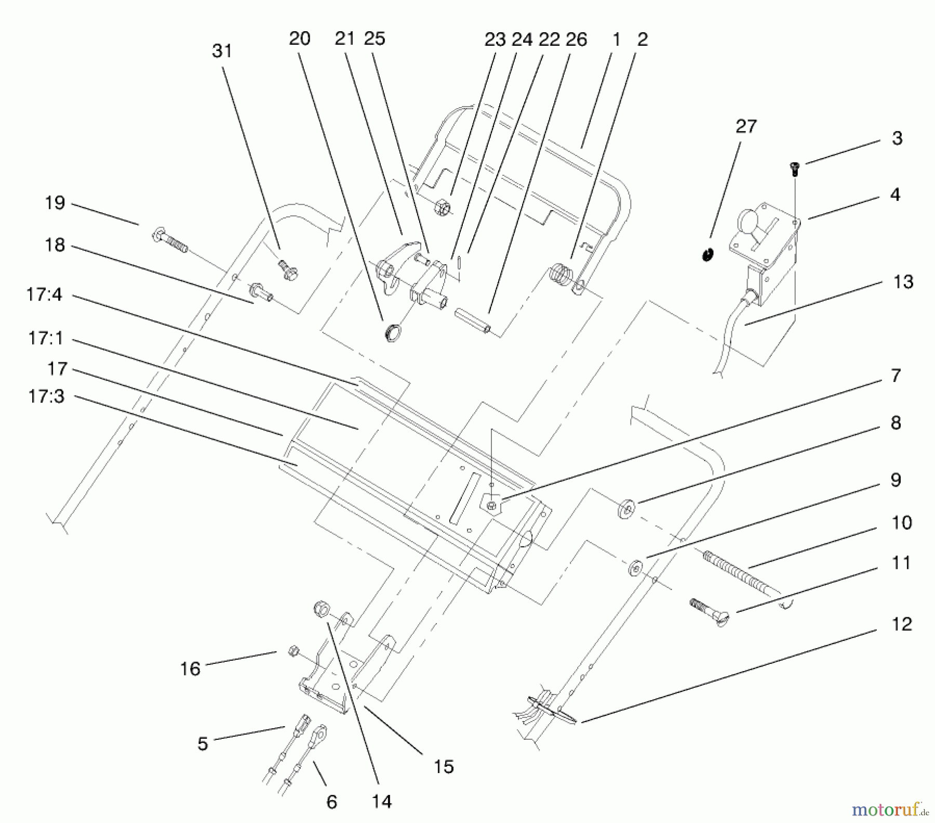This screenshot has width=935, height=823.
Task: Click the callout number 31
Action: (x=222, y=51)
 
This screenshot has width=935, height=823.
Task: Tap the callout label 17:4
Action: (x=44, y=295)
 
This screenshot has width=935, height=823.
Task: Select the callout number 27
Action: (x=746, y=126)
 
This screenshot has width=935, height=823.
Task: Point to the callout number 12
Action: (x=901, y=623)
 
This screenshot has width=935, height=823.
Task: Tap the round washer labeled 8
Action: (x=627, y=507)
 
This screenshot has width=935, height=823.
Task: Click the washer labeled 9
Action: (x=635, y=568)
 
